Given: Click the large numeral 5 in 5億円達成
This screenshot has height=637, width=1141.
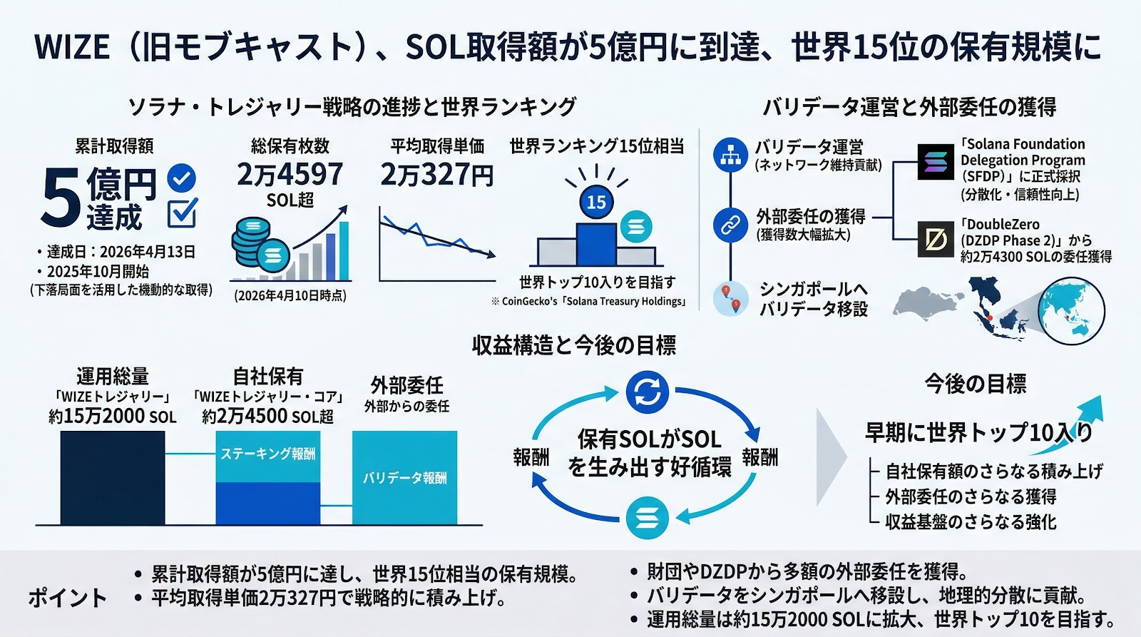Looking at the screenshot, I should pyautogui.click(x=61, y=198).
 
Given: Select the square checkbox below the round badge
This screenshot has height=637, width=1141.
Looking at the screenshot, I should pyautogui.click(x=181, y=213).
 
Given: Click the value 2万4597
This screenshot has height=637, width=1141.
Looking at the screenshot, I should pyautogui.click(x=290, y=174).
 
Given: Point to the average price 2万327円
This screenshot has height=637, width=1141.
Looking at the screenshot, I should pyautogui.click(x=436, y=175).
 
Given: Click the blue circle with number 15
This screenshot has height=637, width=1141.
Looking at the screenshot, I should pyautogui.click(x=596, y=202).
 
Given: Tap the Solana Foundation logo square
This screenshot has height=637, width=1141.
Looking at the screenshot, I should pyautogui.click(x=935, y=161).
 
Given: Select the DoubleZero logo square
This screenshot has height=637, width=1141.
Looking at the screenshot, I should pyautogui.click(x=935, y=239).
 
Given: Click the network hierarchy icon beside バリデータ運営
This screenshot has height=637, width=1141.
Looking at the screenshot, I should pyautogui.click(x=730, y=156).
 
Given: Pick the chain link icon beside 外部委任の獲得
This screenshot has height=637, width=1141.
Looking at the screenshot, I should pyautogui.click(x=730, y=225).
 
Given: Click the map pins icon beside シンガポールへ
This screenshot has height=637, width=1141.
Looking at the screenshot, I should pyautogui.click(x=731, y=298).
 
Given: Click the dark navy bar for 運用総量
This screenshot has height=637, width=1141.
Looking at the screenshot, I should pyautogui.click(x=113, y=478).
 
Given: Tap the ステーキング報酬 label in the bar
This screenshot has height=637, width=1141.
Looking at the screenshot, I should pyautogui.click(x=267, y=454).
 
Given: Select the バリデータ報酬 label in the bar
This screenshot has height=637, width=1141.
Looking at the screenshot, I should pyautogui.click(x=404, y=478).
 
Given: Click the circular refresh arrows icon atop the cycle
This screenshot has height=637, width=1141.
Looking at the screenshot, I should pyautogui.click(x=647, y=392).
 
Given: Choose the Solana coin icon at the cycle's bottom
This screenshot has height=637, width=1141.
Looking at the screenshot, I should pyautogui.click(x=647, y=518).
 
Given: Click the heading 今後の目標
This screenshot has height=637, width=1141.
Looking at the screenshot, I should pyautogui.click(x=975, y=384).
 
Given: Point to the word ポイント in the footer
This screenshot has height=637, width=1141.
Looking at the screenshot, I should pyautogui.click(x=67, y=598).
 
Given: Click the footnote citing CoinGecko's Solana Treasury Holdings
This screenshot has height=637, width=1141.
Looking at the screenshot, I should pyautogui.click(x=588, y=302).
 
